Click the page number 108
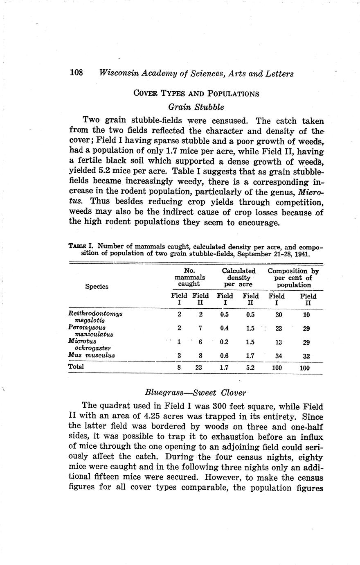76,73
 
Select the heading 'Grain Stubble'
196,107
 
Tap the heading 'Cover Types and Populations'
196,93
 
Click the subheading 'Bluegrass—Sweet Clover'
196,393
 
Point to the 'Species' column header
97,287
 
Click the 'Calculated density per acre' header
239,278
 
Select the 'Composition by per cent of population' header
293,278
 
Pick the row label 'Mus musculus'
92,355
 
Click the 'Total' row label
76,367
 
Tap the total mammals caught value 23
198,368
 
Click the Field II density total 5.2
250,368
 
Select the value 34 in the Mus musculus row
279,356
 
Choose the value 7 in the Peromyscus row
200,328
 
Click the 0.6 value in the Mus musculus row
224,356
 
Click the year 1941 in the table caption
301,254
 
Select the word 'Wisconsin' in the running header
119,73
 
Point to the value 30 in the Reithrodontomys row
278,314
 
